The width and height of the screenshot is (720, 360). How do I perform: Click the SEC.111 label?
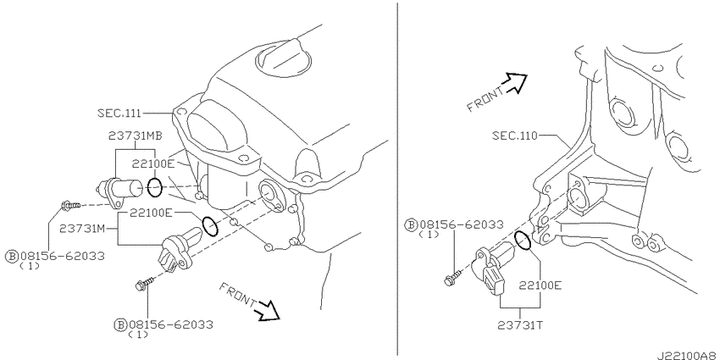(119, 113)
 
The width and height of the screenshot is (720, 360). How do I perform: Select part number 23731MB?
(135, 136)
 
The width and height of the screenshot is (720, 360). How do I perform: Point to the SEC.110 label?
(514, 136)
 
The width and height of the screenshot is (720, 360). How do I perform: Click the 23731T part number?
(520, 325)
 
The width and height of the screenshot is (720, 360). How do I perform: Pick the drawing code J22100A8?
(688, 356)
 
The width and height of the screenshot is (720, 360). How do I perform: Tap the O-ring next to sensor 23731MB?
(155, 187)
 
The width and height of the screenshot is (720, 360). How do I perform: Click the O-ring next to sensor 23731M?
(210, 226)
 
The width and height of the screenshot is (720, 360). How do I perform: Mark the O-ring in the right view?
(523, 241)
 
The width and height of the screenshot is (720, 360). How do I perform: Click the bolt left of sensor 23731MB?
(70, 205)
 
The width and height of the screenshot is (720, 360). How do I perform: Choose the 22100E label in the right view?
(540, 285)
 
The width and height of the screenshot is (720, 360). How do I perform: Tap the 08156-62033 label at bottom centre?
(171, 324)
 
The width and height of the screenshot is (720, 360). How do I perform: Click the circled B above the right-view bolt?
(411, 225)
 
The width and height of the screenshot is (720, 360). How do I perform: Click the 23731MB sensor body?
(120, 188)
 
